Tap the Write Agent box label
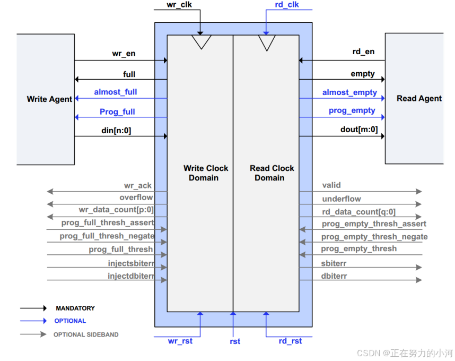point(49,99)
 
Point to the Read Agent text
point(419,98)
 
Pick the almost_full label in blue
point(116,92)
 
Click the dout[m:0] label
point(359,129)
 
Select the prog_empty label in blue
point(352,110)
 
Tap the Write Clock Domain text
point(206,173)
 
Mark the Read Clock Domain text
point(272,173)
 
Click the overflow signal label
point(136,197)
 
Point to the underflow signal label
point(342,199)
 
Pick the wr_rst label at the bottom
point(180,341)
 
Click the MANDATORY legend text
point(75,308)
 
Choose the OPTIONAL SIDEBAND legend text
point(86,334)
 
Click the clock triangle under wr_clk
point(201,41)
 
